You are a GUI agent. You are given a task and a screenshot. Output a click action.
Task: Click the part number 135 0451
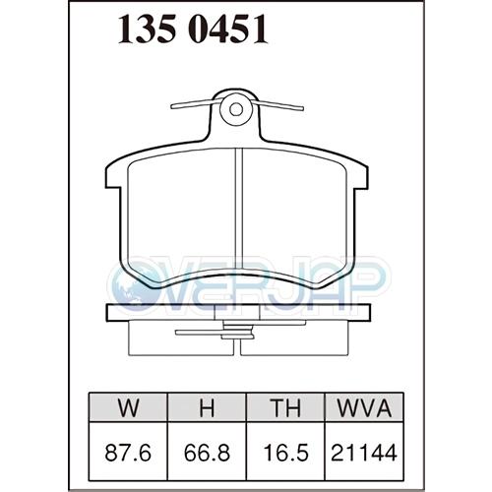(193, 30)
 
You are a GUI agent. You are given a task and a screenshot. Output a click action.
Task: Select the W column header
(128, 407)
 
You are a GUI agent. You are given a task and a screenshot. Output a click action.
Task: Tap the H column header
(207, 407)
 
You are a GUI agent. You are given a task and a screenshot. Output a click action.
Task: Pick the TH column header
(285, 407)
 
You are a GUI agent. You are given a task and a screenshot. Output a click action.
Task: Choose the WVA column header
(364, 407)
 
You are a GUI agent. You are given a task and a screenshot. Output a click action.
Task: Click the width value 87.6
(128, 453)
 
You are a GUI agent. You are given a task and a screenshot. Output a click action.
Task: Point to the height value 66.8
(207, 453)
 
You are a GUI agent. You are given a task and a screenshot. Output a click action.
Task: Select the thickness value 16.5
(285, 453)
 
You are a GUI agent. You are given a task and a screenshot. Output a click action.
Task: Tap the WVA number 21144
(364, 453)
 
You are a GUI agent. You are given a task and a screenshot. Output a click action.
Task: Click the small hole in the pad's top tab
(236, 109)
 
